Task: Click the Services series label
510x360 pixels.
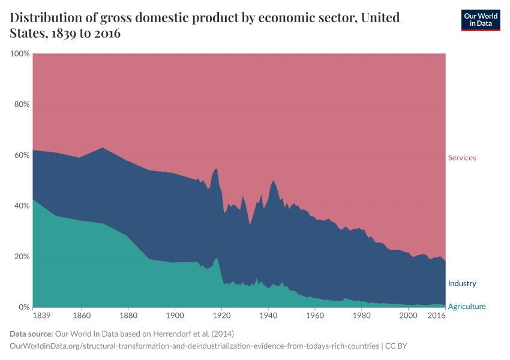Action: [461, 158]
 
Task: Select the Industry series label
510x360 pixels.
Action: [461, 283]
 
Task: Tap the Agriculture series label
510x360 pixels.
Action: [467, 307]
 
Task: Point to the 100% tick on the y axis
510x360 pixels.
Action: [20, 54]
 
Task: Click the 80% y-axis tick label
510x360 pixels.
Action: [22, 104]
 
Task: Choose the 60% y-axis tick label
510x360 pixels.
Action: [22, 155]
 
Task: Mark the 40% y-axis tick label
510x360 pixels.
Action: [22, 206]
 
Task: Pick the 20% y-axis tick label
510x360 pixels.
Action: [22, 256]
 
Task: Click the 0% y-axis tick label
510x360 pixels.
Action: [24, 307]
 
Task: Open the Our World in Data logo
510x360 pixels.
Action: [481, 20]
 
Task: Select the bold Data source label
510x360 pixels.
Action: [31, 334]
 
